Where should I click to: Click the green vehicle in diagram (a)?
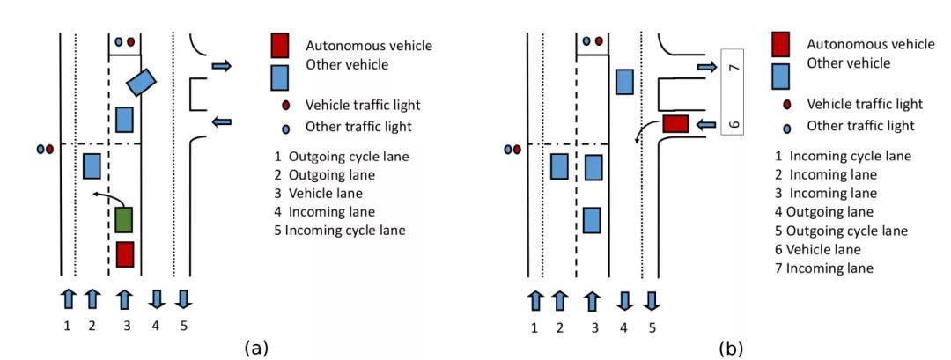(x=124, y=220)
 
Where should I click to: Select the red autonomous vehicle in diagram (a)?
(x=124, y=254)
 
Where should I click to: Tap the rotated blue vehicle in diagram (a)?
(x=141, y=82)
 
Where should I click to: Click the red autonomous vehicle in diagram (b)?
(x=675, y=124)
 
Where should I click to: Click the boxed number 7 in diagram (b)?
(x=733, y=67)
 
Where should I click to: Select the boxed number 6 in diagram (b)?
(x=733, y=123)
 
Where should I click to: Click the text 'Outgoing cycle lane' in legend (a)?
(x=349, y=157)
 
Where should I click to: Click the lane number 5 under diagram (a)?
(x=184, y=327)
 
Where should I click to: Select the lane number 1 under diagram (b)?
(x=534, y=328)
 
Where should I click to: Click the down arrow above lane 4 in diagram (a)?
(x=157, y=299)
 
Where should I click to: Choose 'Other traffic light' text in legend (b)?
(x=860, y=126)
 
